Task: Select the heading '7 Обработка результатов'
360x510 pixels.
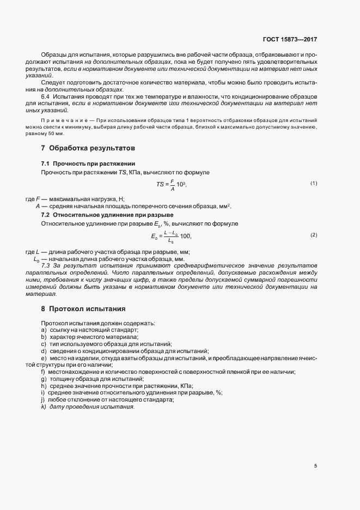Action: click(84, 148)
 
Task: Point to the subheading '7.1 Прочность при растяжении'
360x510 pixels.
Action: click(84, 164)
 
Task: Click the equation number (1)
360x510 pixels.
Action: click(314, 184)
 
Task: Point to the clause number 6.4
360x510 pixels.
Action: click(46, 95)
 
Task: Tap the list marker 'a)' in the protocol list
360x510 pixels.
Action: click(43, 330)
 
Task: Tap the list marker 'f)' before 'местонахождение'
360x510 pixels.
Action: click(43, 372)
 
